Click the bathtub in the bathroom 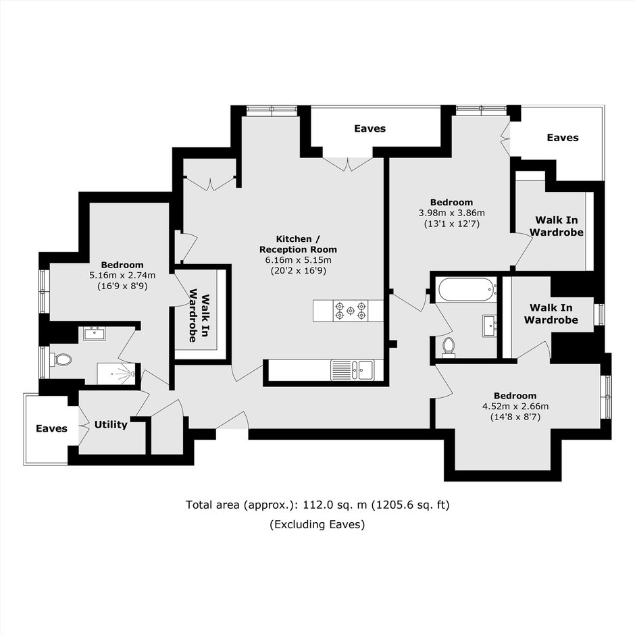467,289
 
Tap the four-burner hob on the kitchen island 351,311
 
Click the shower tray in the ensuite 116,374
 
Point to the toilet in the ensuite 61,359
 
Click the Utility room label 111,424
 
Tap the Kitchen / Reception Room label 298,244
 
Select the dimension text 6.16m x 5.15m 298,260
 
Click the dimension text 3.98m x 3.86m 451,213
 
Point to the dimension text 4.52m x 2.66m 515,406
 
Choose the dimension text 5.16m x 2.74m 122,276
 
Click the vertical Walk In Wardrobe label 200,315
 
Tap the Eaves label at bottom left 51,428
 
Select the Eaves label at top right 563,138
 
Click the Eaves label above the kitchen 370,129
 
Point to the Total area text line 317,505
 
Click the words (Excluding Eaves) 317,524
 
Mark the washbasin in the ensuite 95,334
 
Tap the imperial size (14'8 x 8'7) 515,417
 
